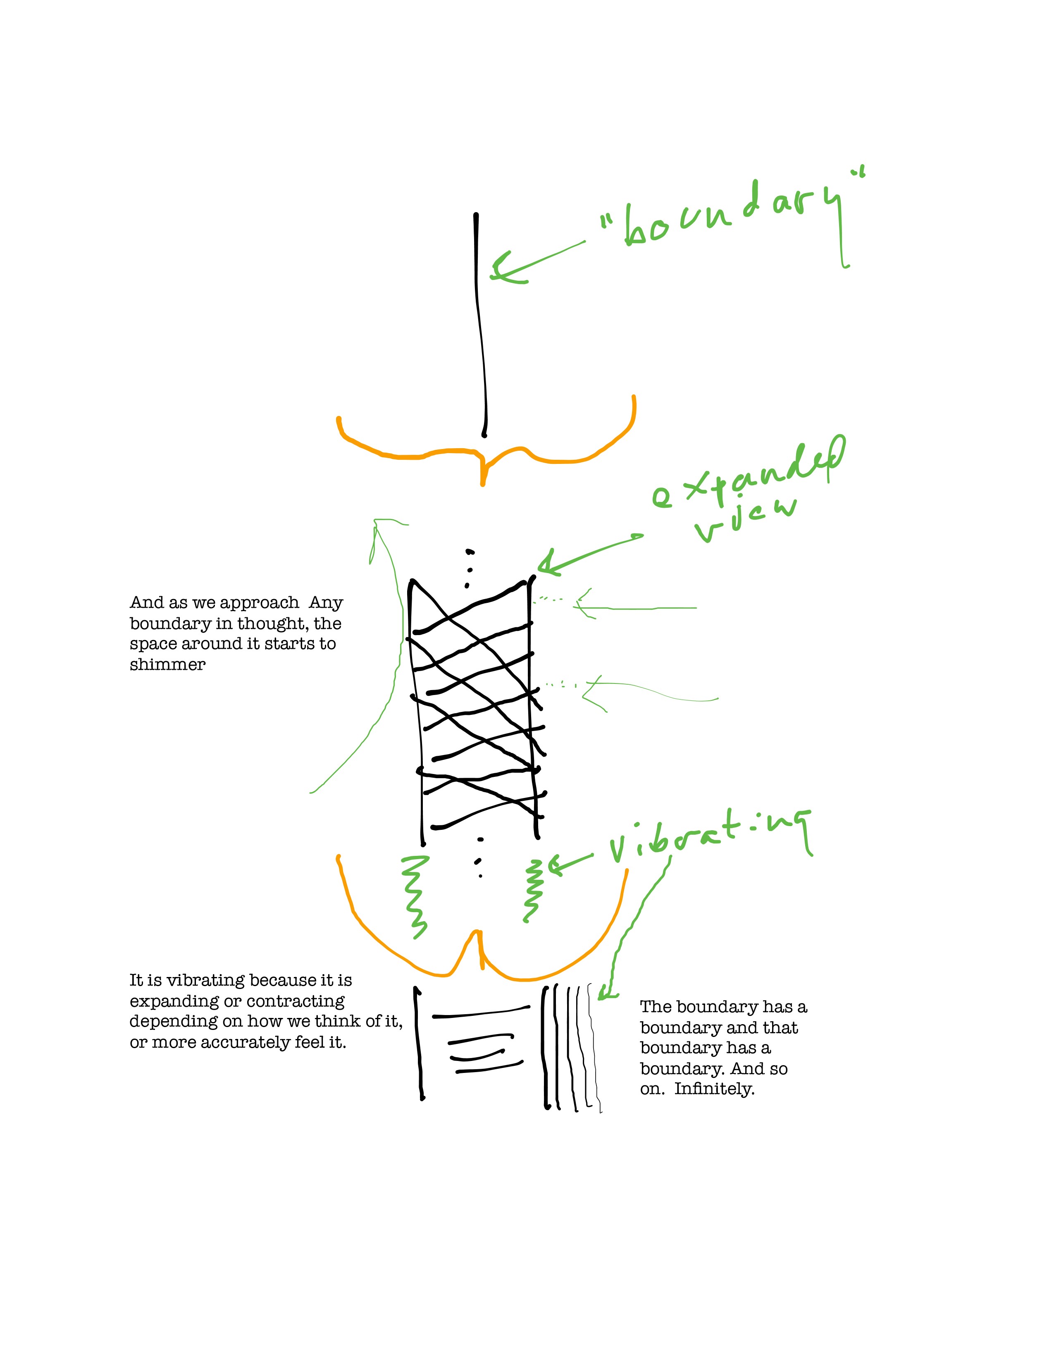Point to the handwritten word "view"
tap(746, 518)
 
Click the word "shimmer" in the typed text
tap(167, 664)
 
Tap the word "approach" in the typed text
tap(259, 603)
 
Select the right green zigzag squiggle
tap(532, 890)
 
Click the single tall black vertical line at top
tap(479, 325)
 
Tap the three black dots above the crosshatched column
tap(468, 569)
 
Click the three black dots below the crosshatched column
tap(479, 859)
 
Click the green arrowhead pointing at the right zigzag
tap(553, 865)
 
